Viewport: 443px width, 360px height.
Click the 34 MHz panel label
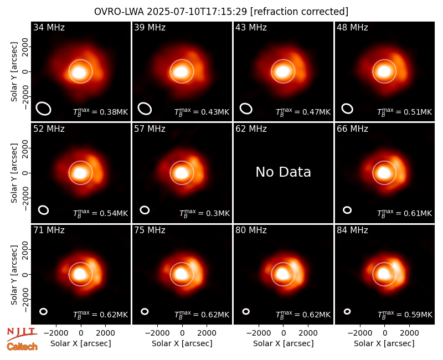point(49,27)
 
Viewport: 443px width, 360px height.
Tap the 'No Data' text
point(283,172)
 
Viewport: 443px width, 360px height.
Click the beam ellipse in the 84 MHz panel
point(347,311)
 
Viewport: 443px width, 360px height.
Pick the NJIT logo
point(22,333)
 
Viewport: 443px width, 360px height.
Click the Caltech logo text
point(22,347)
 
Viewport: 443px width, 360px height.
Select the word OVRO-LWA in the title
point(119,12)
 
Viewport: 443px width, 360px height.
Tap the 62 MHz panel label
point(251,129)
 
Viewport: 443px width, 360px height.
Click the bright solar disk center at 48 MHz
point(384,71)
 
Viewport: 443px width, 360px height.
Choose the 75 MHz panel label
point(150,230)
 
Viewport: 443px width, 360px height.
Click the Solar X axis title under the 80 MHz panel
point(283,343)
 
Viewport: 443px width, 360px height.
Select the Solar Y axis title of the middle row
point(14,173)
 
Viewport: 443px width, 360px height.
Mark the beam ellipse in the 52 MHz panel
point(44,210)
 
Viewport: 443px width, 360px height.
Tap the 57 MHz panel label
point(150,129)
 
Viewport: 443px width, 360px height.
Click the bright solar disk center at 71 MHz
point(80,274)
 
